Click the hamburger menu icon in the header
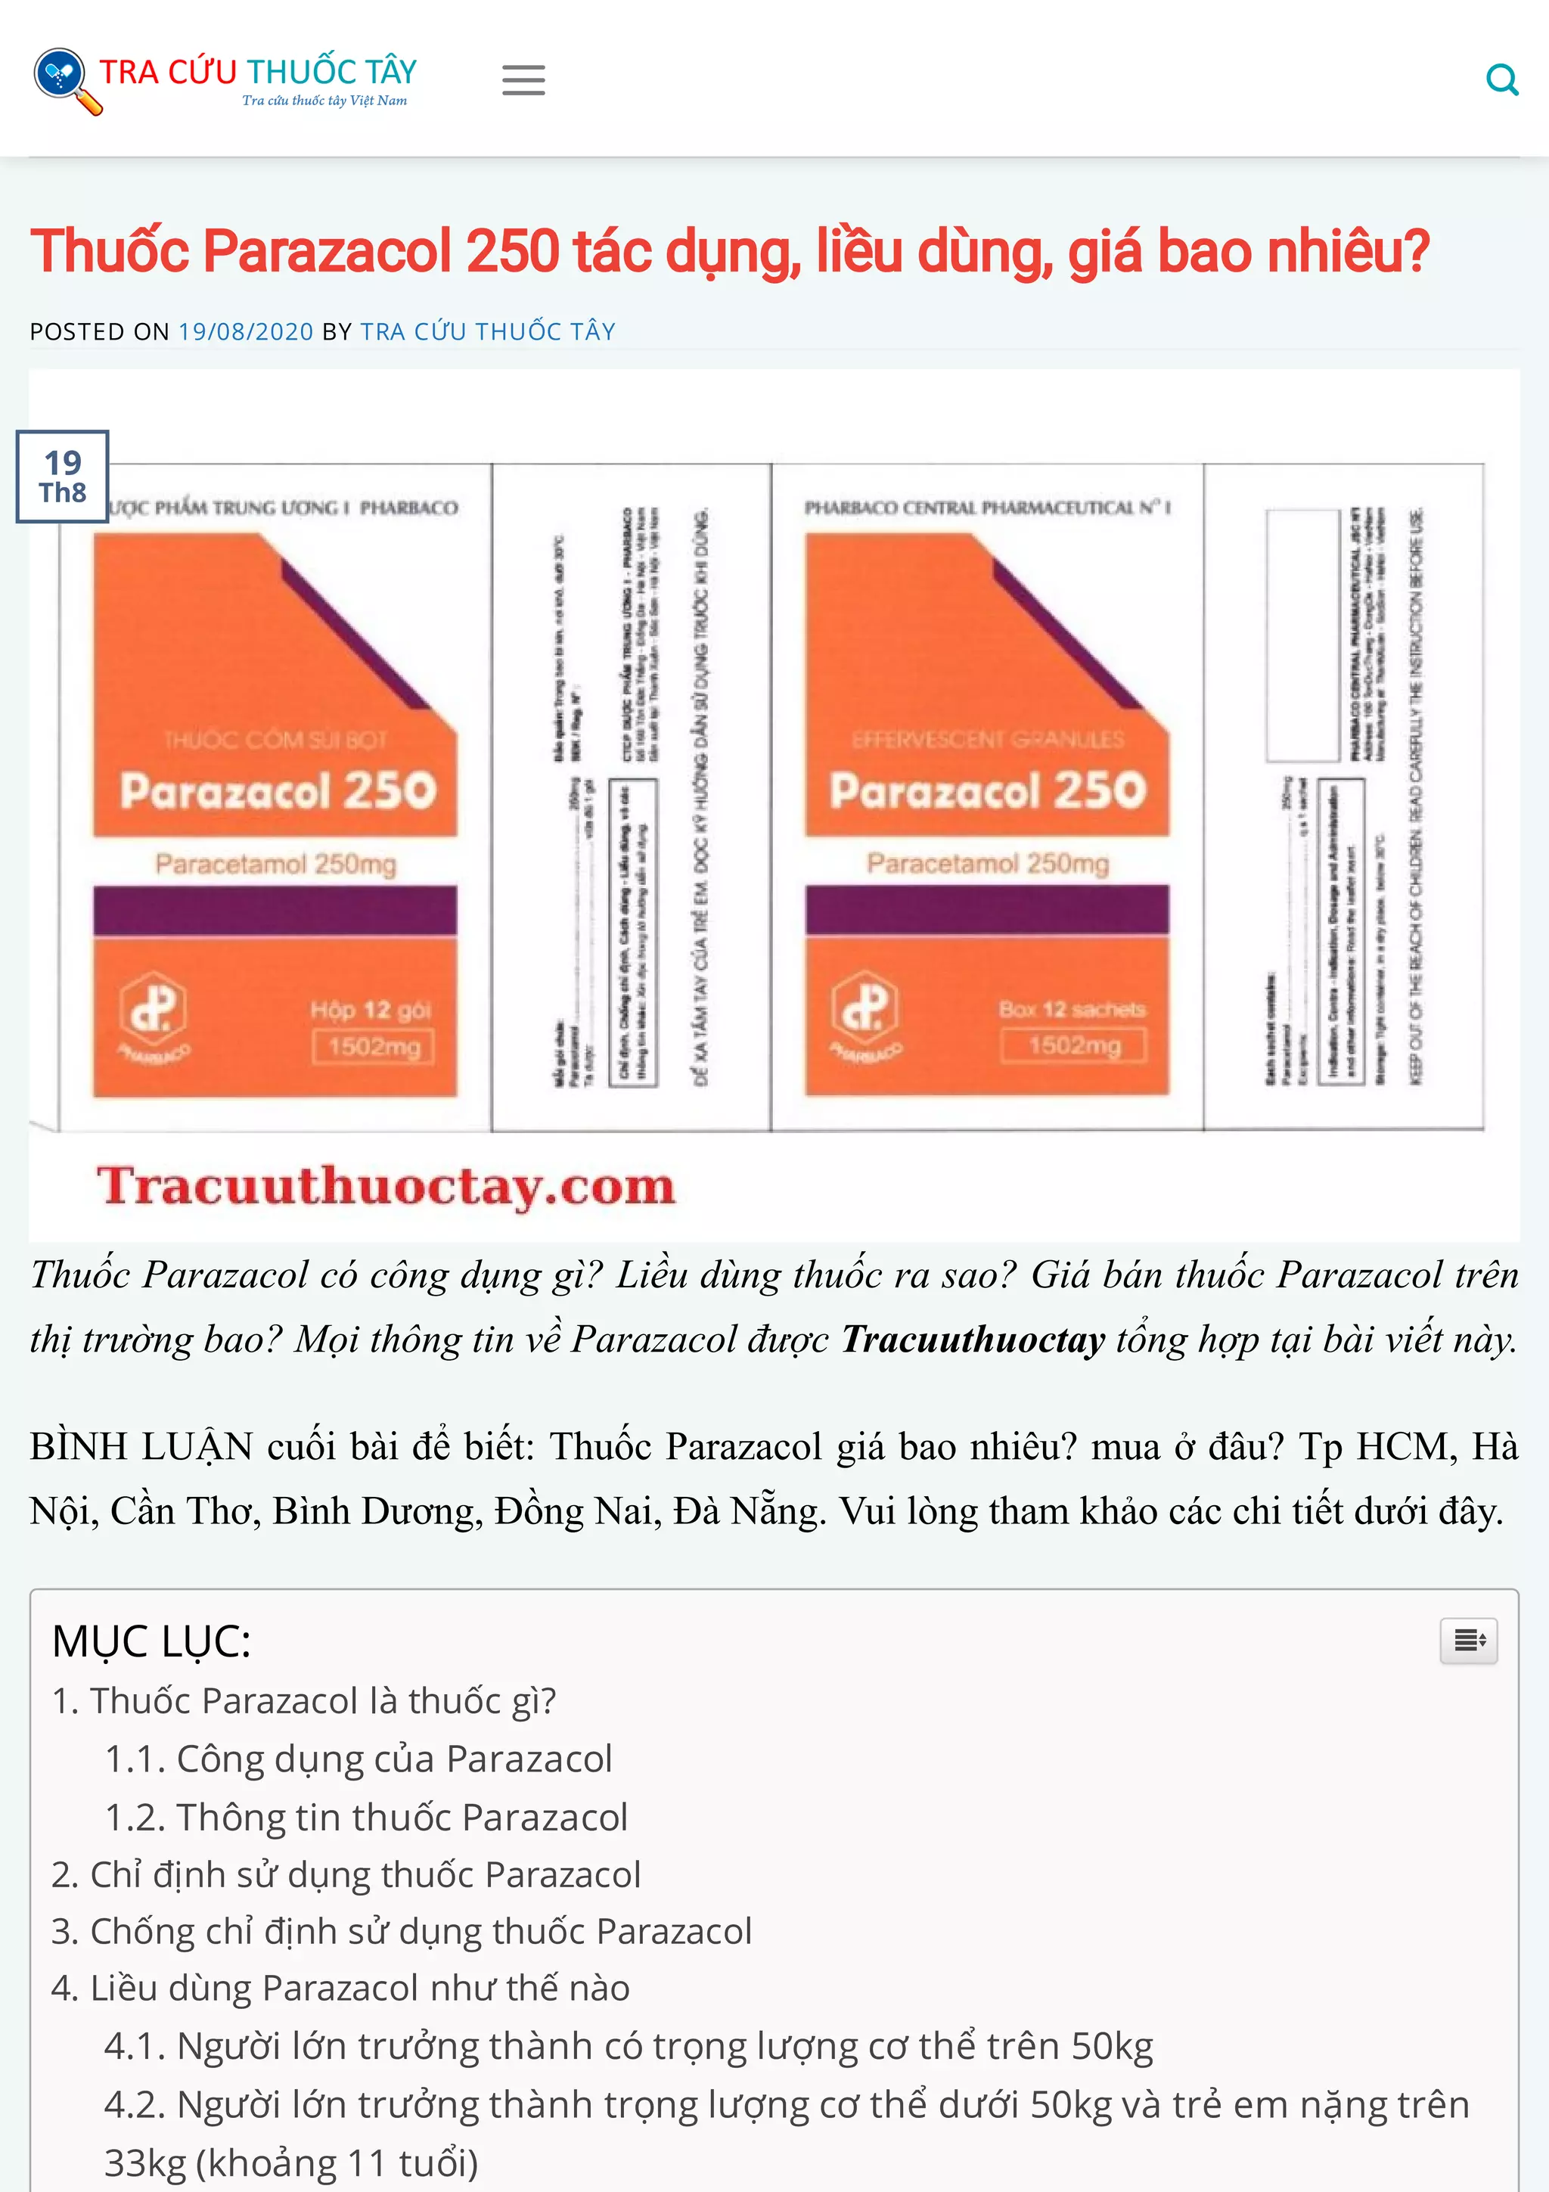tap(523, 80)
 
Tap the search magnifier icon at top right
tap(1501, 80)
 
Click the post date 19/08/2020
tap(245, 331)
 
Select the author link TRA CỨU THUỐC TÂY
tap(488, 331)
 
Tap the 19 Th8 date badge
tap(62, 477)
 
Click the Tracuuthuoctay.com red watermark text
tap(386, 1186)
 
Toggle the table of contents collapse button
tap(1468, 1640)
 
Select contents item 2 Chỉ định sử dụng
tap(346, 1874)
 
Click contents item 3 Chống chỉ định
tap(401, 1930)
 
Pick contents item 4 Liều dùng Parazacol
tap(340, 1988)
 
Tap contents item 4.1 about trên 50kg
tap(628, 2046)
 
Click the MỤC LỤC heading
tap(151, 1641)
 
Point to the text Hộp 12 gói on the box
tap(371, 1010)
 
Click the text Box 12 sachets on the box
tap(1071, 1009)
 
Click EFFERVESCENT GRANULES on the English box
tap(987, 739)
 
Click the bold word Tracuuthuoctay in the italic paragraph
tap(972, 1340)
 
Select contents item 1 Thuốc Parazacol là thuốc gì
tap(303, 1701)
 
